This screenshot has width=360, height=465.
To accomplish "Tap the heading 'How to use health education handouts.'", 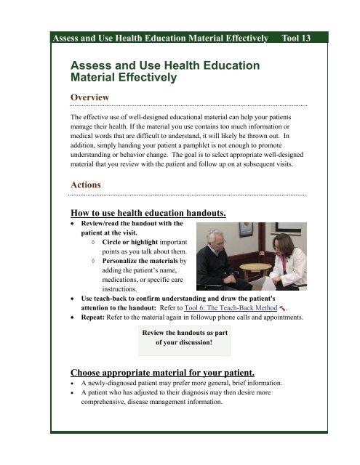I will pos(148,213).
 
